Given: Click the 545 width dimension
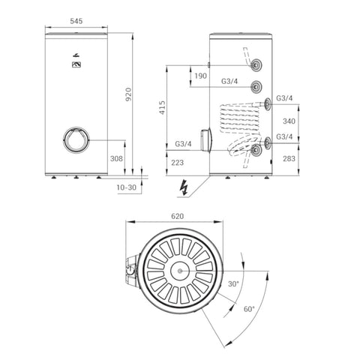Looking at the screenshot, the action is pyautogui.click(x=76, y=21).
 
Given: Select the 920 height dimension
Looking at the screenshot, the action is pyautogui.click(x=128, y=94).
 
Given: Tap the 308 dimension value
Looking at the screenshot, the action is pyautogui.click(x=116, y=158).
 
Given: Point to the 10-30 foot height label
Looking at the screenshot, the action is pyautogui.click(x=127, y=187).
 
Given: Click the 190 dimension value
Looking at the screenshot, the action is pyautogui.click(x=200, y=76).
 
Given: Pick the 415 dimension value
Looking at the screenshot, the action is pyautogui.click(x=163, y=107).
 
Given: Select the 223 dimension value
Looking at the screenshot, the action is pyautogui.click(x=178, y=163).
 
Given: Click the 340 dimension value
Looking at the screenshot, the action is pyautogui.click(x=289, y=121).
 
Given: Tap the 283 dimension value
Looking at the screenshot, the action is pyautogui.click(x=289, y=158).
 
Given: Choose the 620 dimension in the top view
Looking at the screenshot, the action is pyautogui.click(x=178, y=216).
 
